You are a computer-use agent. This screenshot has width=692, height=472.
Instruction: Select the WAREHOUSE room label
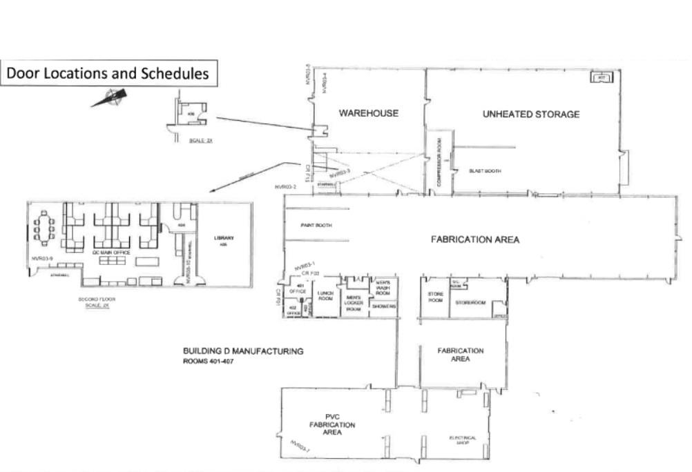pyautogui.click(x=368, y=112)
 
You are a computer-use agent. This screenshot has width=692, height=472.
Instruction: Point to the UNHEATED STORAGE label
pyautogui.click(x=530, y=114)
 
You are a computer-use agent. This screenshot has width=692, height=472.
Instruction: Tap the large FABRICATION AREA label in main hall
pyautogui.click(x=474, y=239)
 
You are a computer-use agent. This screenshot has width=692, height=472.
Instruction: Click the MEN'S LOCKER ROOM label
pyautogui.click(x=354, y=304)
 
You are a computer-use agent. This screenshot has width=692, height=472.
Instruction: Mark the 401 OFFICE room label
pyautogui.click(x=300, y=289)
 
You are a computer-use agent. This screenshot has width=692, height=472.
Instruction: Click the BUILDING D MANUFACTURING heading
pyautogui.click(x=242, y=351)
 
